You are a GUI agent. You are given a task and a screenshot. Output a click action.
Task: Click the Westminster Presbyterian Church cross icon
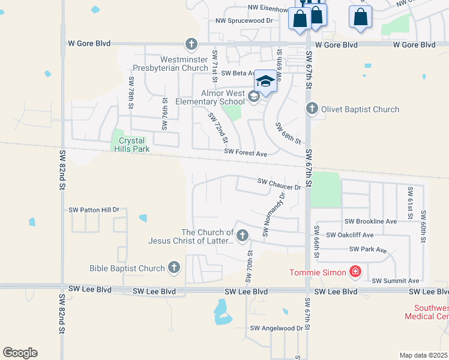click(191, 44)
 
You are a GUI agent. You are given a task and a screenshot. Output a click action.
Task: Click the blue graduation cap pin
click(266, 81)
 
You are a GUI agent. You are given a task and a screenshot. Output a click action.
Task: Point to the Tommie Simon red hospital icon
click(355, 272)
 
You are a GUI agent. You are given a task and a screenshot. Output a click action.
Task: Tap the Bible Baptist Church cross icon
click(174, 268)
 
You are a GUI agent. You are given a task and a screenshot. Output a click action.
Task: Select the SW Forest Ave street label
click(245, 154)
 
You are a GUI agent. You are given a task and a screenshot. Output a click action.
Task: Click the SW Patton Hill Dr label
click(94, 210)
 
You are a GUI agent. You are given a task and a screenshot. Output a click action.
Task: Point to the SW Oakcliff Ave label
click(349, 235)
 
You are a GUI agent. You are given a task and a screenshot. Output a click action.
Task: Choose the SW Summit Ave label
click(395, 281)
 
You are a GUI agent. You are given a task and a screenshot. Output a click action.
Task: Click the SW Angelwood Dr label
click(277, 328)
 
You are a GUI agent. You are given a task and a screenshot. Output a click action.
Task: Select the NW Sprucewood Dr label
click(244, 20)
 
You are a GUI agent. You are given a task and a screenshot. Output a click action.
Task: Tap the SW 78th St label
click(130, 92)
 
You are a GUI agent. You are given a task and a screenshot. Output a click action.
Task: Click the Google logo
click(20, 353)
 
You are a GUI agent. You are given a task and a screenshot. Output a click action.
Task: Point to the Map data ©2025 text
click(424, 355)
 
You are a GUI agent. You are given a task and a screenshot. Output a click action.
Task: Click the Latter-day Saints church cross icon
click(243, 236)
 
